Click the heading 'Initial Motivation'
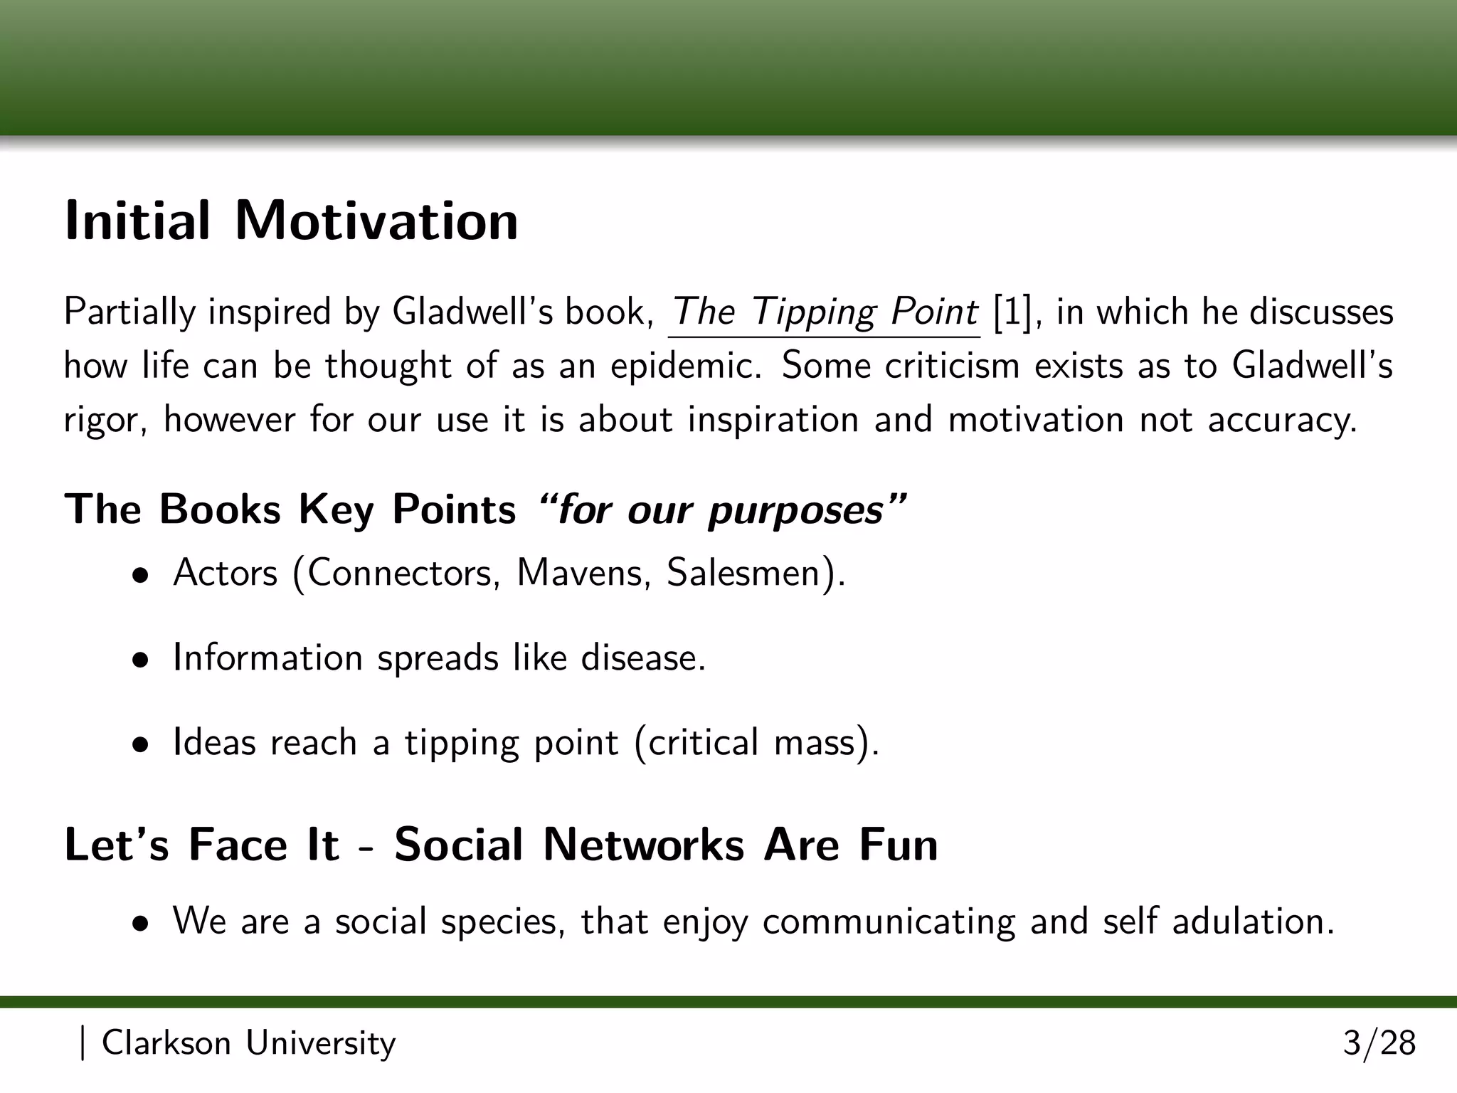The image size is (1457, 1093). pyautogui.click(x=292, y=221)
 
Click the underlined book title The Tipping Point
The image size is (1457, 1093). pyautogui.click(x=825, y=312)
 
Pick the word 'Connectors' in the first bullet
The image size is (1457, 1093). pyautogui.click(x=398, y=573)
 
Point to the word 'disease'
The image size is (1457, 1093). pyautogui.click(x=642, y=658)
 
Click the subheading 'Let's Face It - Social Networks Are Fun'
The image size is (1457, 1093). pyautogui.click(x=501, y=845)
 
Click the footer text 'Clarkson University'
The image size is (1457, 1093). pyautogui.click(x=248, y=1044)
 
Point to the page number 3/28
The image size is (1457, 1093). pyautogui.click(x=1379, y=1044)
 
